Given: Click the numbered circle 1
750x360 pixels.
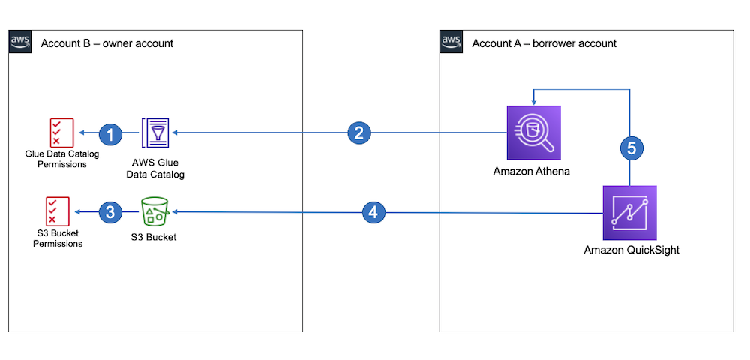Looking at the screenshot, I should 110,134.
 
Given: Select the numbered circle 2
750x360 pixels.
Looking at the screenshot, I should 359,133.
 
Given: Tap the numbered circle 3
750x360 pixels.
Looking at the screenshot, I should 110,213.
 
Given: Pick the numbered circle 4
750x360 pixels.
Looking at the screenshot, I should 373,213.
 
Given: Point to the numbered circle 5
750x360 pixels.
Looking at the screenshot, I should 630,148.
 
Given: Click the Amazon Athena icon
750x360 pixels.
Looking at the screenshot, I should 533,133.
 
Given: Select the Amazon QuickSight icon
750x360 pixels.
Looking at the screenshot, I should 630,212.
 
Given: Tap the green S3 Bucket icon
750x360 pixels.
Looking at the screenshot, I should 154,213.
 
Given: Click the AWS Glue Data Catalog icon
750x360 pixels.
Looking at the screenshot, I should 155,133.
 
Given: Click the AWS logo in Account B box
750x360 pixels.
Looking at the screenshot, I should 20,43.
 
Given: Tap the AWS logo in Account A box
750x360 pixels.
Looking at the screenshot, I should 451,43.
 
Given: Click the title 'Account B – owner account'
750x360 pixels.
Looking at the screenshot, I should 106,43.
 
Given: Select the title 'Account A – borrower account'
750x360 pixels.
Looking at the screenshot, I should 544,43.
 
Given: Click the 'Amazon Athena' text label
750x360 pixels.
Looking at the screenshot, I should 531,171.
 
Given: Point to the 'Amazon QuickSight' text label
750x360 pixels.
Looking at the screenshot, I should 631,250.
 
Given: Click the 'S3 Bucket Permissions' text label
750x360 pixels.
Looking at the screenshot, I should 58,238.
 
